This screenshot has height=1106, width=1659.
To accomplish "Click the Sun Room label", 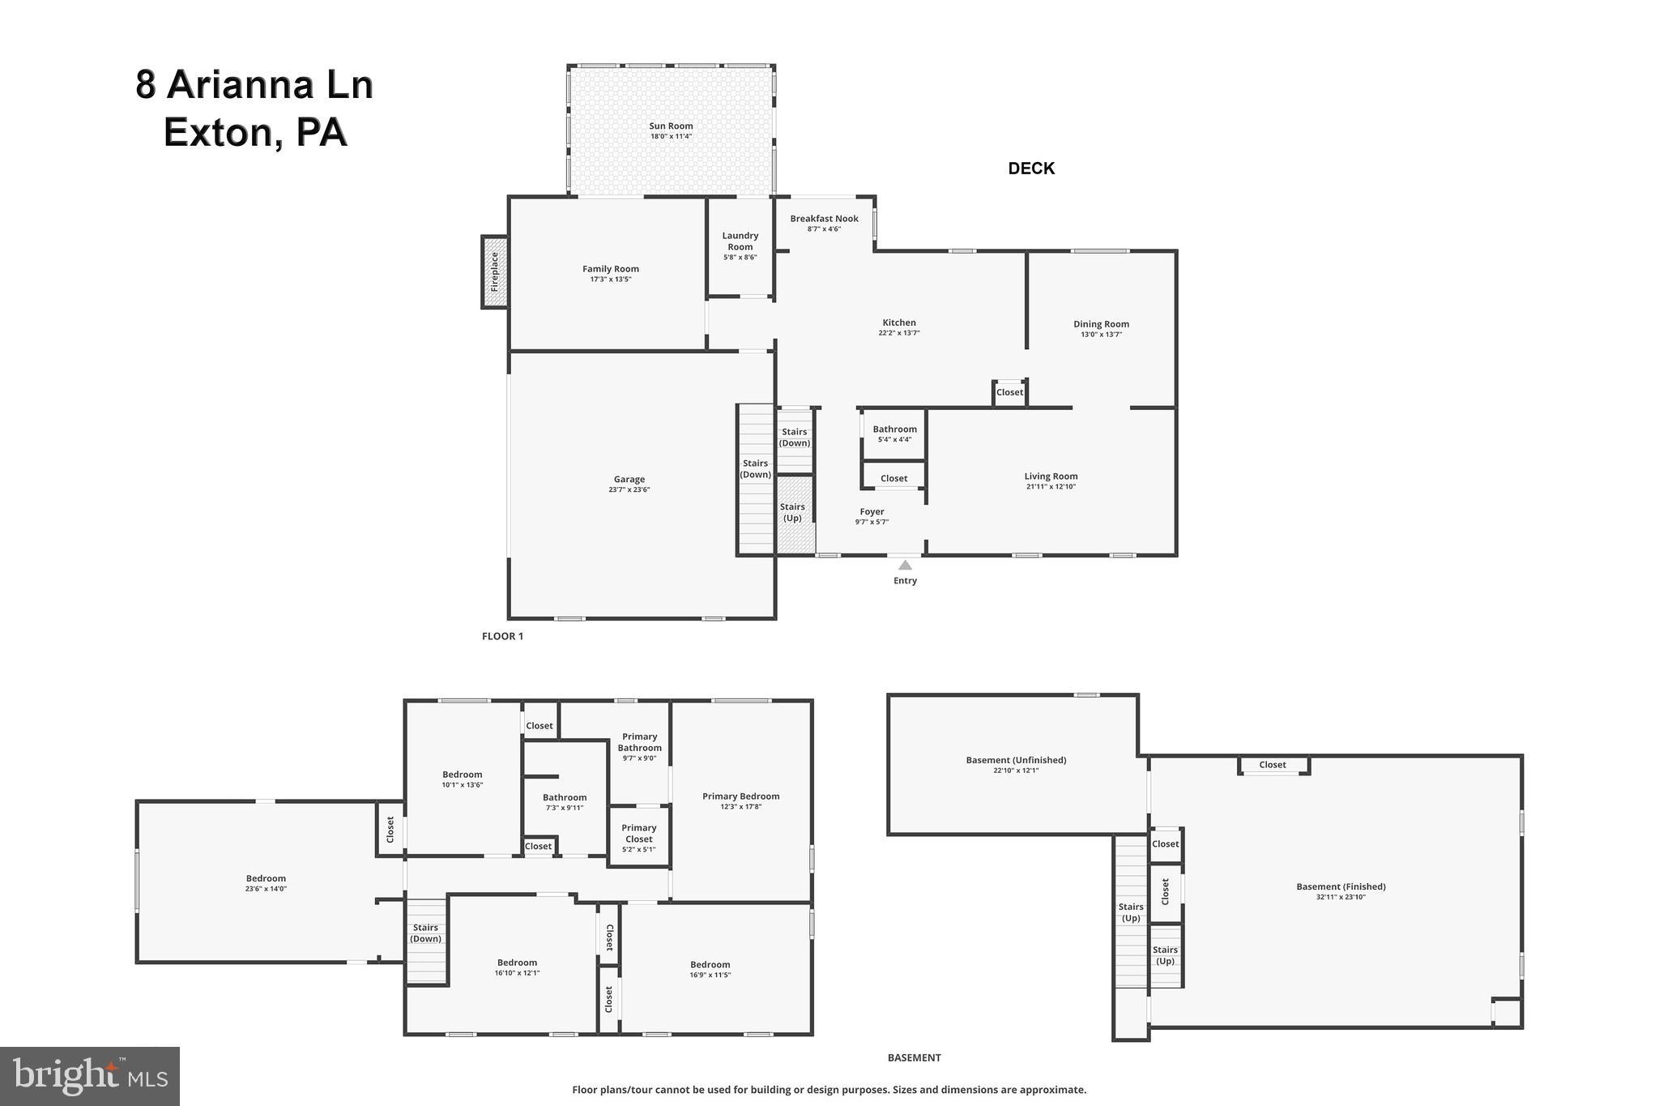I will click(x=671, y=126).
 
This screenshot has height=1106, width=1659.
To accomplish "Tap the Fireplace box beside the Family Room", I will click(x=495, y=271).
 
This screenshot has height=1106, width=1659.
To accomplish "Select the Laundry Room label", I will click(x=740, y=241).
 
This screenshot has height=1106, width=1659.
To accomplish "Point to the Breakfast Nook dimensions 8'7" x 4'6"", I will click(x=824, y=229).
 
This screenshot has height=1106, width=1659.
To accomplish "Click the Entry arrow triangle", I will click(x=905, y=565).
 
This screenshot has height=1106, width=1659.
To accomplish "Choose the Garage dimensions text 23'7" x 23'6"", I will click(x=629, y=489).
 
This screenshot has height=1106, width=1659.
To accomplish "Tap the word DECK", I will click(x=1030, y=169).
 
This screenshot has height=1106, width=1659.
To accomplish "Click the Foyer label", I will click(x=872, y=511).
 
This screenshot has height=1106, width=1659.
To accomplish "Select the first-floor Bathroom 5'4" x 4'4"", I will click(x=894, y=433).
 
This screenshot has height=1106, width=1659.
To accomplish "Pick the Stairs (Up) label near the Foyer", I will click(x=792, y=512).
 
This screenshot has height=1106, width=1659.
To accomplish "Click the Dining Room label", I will click(x=1101, y=324).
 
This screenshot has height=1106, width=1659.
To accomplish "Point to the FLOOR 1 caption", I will click(x=502, y=636).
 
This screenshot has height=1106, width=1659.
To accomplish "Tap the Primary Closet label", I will click(x=638, y=833).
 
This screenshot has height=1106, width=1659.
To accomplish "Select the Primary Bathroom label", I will click(x=639, y=742).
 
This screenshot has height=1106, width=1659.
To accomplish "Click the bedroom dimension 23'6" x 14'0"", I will click(x=266, y=889).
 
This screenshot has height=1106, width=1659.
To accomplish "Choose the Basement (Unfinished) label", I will click(x=1016, y=760).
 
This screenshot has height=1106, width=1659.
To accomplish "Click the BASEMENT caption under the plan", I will click(x=914, y=1057).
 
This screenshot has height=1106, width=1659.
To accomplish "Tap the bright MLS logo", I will click(x=89, y=1076).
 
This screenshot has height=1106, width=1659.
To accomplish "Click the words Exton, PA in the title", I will click(x=255, y=132).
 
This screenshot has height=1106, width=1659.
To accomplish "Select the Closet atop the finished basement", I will click(x=1272, y=765).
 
